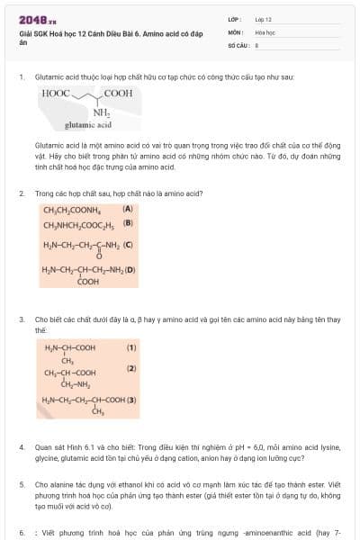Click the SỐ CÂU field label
pyautogui.click(x=237, y=43)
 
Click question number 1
pyautogui.click(x=22, y=77)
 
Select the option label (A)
pyautogui.click(x=128, y=209)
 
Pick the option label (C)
pyautogui.click(x=128, y=244)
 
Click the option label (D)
pyautogui.click(x=130, y=269)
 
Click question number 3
pyautogui.click(x=22, y=319)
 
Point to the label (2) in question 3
pyautogui.click(x=131, y=369)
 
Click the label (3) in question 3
pyautogui.click(x=131, y=400)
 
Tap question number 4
pyautogui.click(x=22, y=446)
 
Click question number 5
pyautogui.click(x=22, y=484)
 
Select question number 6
pyautogui.click(x=22, y=533)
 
